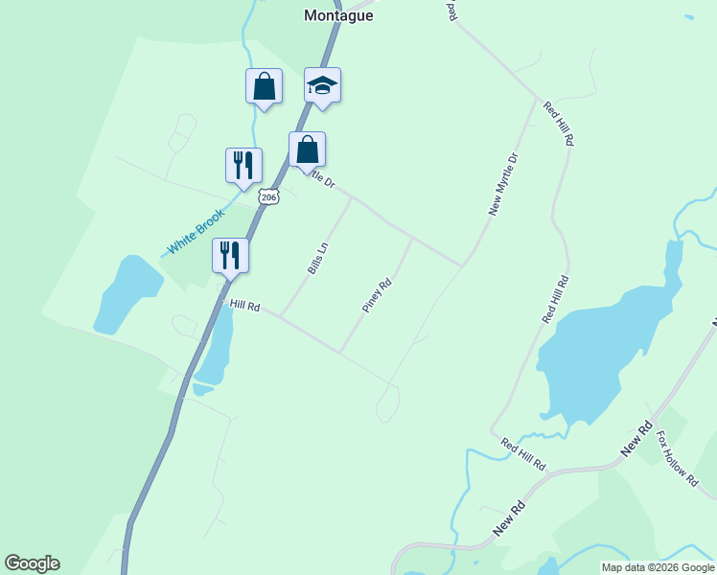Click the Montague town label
click(337, 15)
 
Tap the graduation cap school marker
click(322, 86)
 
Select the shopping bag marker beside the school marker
click(264, 86)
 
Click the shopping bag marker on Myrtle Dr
click(307, 150)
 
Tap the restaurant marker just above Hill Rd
click(230, 255)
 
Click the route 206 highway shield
click(269, 197)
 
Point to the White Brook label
click(196, 232)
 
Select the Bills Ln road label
click(318, 259)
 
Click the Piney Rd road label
click(378, 296)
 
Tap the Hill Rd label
click(245, 306)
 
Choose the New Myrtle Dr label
click(503, 183)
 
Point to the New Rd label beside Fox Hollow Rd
click(636, 438)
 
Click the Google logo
click(32, 563)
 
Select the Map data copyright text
click(657, 567)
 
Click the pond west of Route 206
click(125, 292)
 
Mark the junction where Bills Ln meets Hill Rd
click(279, 315)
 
